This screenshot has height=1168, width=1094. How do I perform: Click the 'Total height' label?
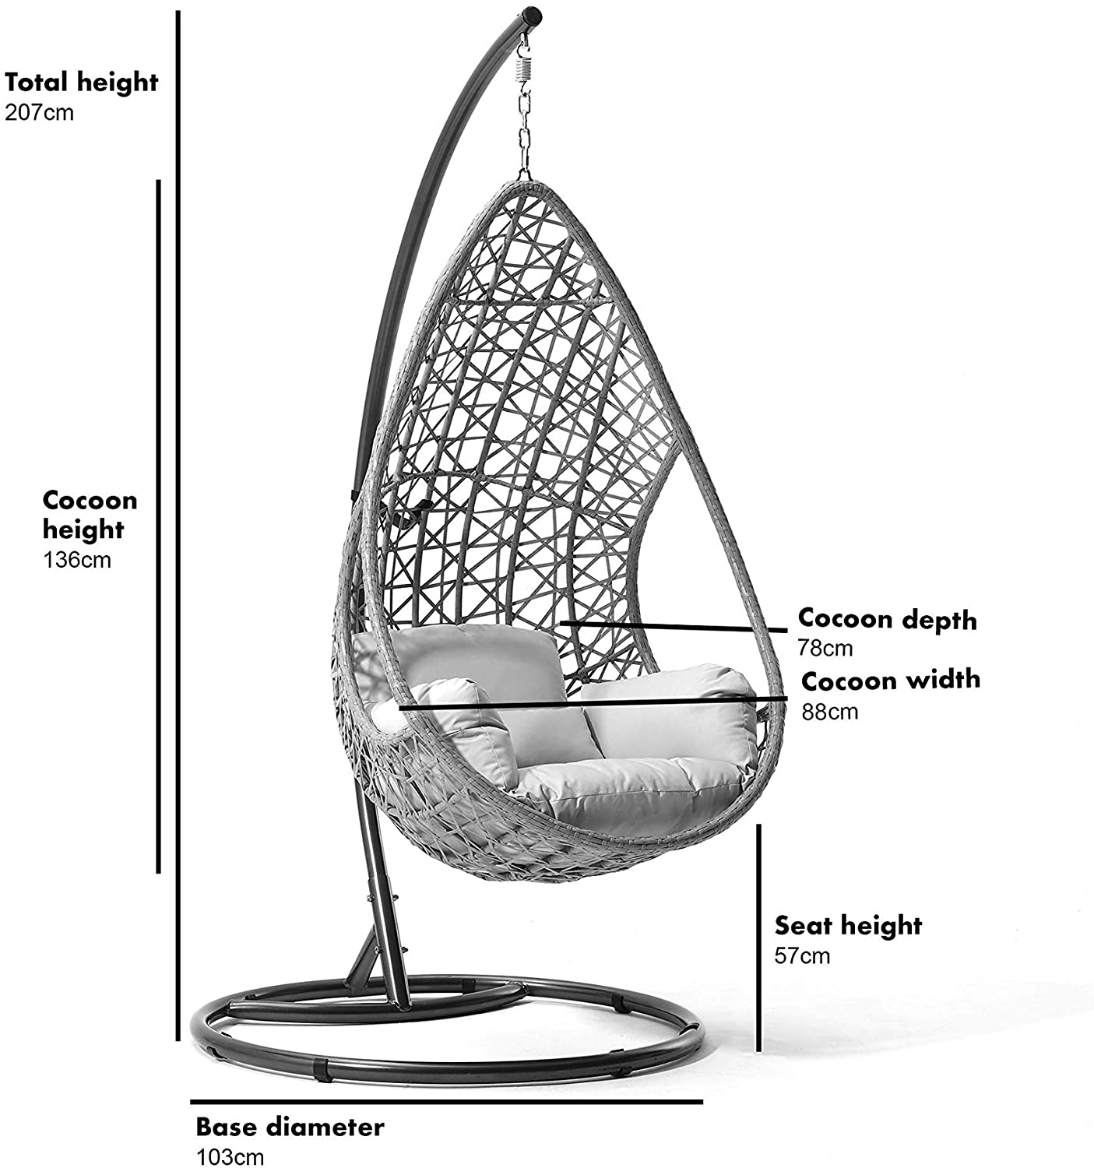click(81, 83)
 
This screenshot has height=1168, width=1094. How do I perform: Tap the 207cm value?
click(40, 112)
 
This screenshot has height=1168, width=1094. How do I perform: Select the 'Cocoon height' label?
click(90, 515)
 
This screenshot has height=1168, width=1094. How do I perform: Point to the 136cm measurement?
click(77, 559)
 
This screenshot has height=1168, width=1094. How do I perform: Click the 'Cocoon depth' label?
click(887, 620)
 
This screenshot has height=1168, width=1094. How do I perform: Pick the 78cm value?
click(825, 648)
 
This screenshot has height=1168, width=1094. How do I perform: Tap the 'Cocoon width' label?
click(891, 681)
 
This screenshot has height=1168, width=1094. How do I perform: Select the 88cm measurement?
click(830, 712)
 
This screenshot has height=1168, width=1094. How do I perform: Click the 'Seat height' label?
click(848, 927)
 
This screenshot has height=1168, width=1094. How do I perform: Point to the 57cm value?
click(802, 955)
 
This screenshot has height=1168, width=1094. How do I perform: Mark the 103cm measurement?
click(230, 1157)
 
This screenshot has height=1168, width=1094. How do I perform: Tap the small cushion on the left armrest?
click(463, 735)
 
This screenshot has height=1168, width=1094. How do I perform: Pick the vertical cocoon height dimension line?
click(158, 526)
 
